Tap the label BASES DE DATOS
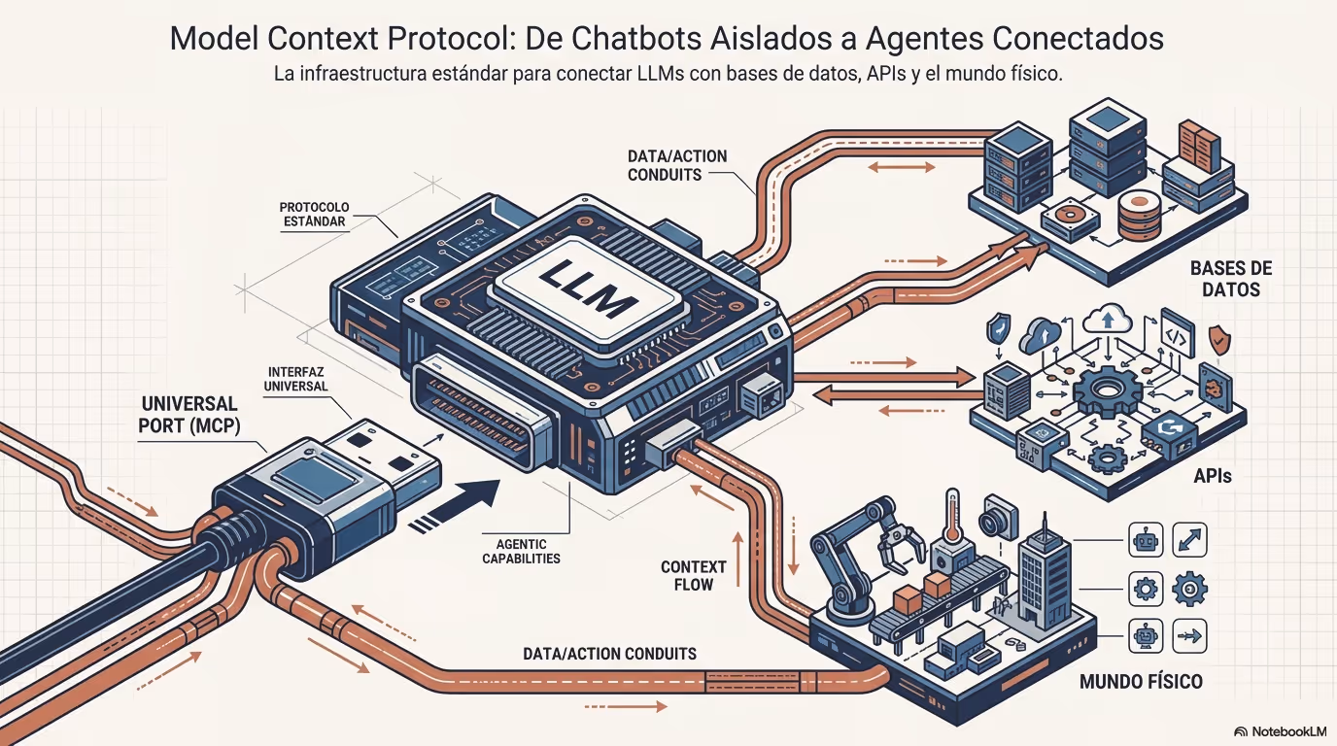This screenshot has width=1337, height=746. [1230, 279]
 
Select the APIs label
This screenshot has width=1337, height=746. [1214, 477]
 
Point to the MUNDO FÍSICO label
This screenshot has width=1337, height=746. [1141, 681]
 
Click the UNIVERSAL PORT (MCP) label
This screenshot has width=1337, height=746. [189, 414]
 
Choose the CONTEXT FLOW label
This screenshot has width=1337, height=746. [694, 575]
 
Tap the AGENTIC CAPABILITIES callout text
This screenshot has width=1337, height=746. [514, 551]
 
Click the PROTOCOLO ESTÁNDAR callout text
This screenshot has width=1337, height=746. [314, 214]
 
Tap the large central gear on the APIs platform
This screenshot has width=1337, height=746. [1106, 390]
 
